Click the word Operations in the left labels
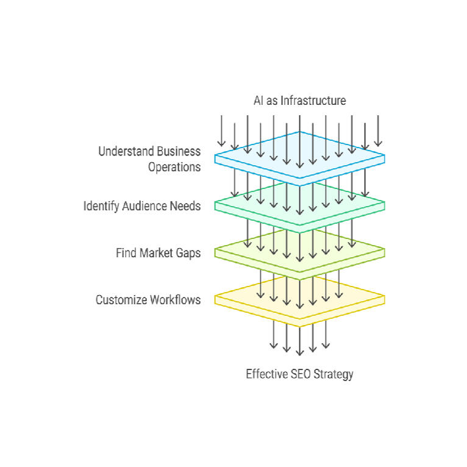[174, 166]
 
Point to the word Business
[179, 151]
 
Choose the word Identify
[101, 206]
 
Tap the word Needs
[187, 206]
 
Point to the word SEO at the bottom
[299, 374]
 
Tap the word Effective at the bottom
[266, 374]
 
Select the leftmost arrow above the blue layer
[221, 129]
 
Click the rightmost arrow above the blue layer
[378, 129]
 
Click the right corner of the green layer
[383, 204]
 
